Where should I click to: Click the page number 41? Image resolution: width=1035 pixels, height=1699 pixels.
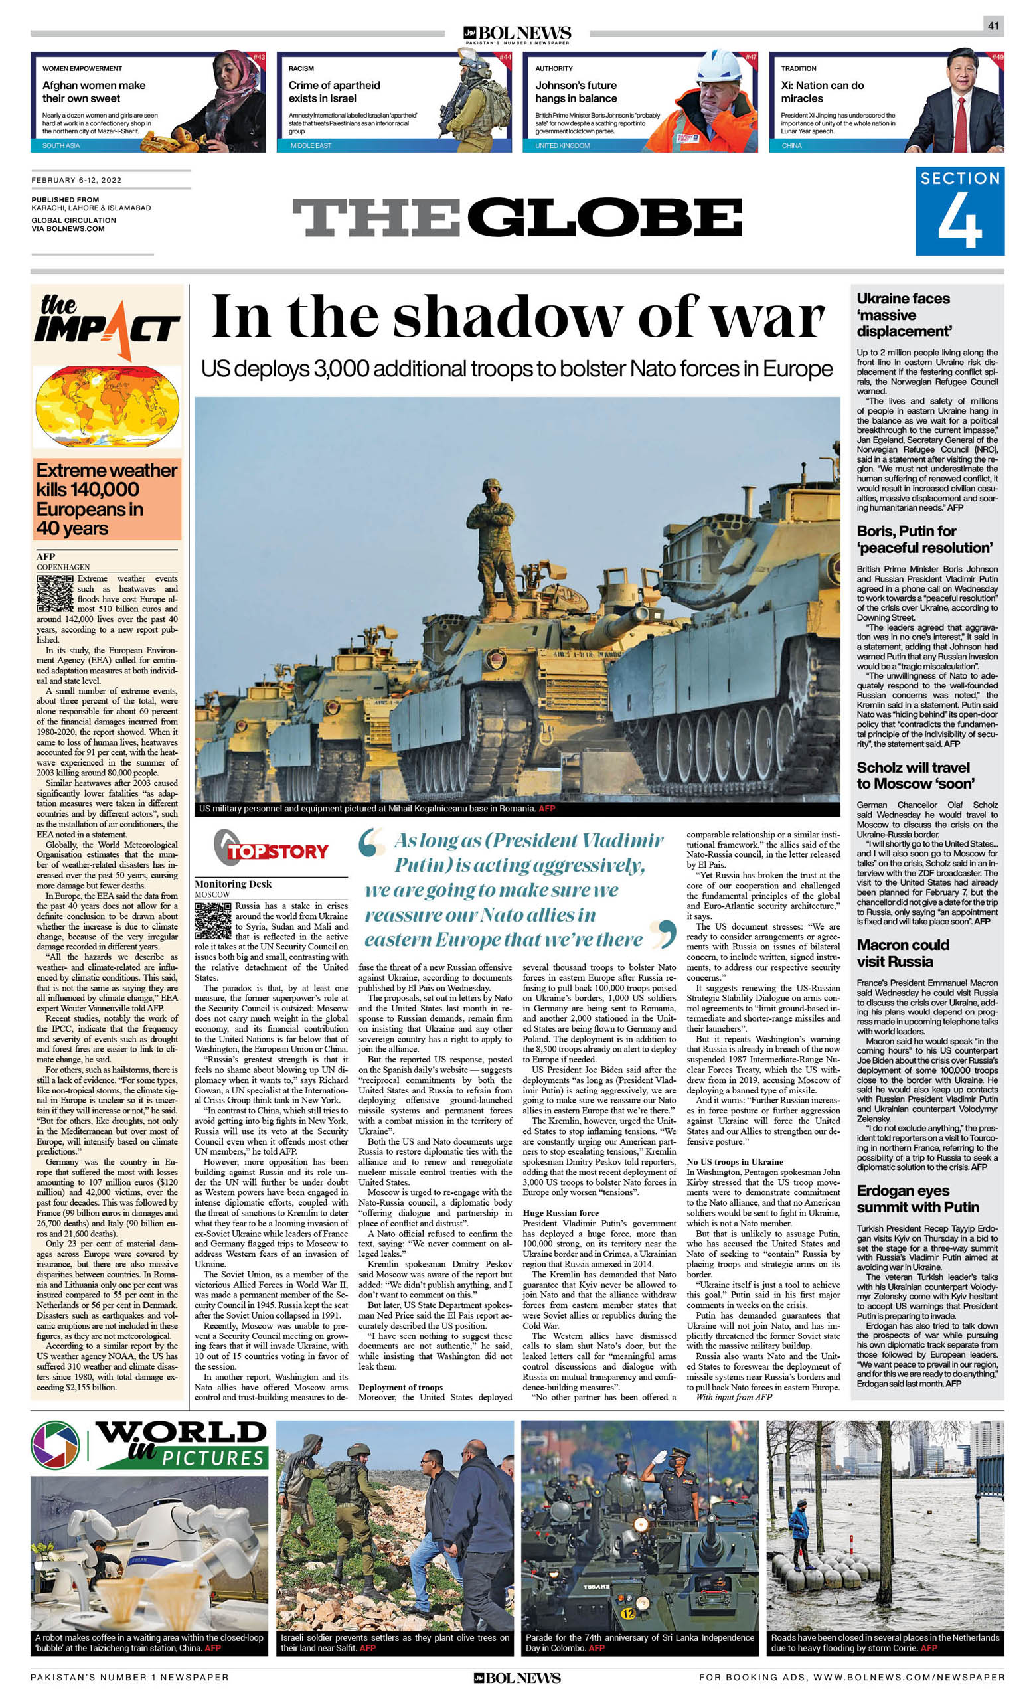point(993,26)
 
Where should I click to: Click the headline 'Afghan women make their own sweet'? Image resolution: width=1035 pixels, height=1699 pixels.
point(94,92)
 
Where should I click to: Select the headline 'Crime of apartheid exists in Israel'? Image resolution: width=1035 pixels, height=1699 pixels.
point(335,92)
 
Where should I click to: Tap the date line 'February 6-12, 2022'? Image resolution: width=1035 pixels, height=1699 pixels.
point(76,180)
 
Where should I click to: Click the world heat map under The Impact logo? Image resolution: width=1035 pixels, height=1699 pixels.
point(107,407)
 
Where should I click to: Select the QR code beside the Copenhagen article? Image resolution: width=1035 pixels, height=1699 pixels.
point(54,593)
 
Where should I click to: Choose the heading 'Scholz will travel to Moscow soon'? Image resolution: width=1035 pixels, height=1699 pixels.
point(913,775)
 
